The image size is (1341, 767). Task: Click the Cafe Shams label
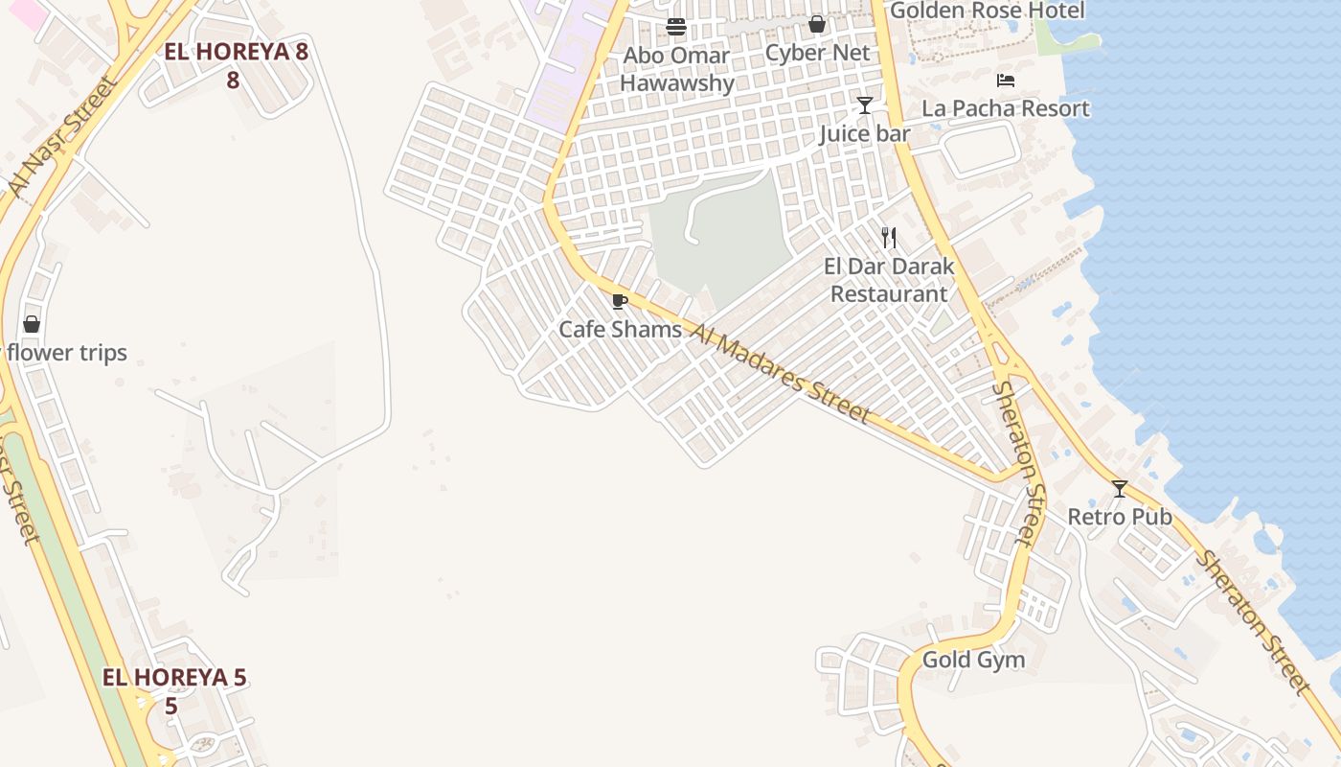[x=620, y=330]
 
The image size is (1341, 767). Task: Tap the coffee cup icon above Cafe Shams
[x=620, y=302]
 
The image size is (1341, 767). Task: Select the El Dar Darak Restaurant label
[x=889, y=280]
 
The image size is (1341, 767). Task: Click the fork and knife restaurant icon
[x=889, y=238]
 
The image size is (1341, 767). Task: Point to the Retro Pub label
[x=1119, y=517]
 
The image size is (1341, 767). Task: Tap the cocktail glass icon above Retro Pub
[x=1119, y=489]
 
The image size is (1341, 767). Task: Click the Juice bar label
[x=864, y=133]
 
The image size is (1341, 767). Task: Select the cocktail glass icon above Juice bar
[x=865, y=105]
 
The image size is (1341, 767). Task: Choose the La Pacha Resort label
[x=1005, y=108]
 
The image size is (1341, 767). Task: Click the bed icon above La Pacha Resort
[x=1005, y=81]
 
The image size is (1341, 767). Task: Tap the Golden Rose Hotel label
[x=987, y=11]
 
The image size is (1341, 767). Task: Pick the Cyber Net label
[x=817, y=53]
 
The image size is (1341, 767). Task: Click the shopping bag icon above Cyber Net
[x=817, y=24]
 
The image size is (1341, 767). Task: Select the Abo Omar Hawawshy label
[x=676, y=69]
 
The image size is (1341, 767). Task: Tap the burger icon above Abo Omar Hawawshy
[x=676, y=27]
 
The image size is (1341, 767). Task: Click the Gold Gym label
[x=973, y=660]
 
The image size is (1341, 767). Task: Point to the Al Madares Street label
[x=780, y=374]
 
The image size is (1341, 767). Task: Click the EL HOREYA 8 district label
[x=236, y=64]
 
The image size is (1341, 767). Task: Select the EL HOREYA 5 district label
[x=174, y=690]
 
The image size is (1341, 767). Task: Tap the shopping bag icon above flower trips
[x=32, y=324]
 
